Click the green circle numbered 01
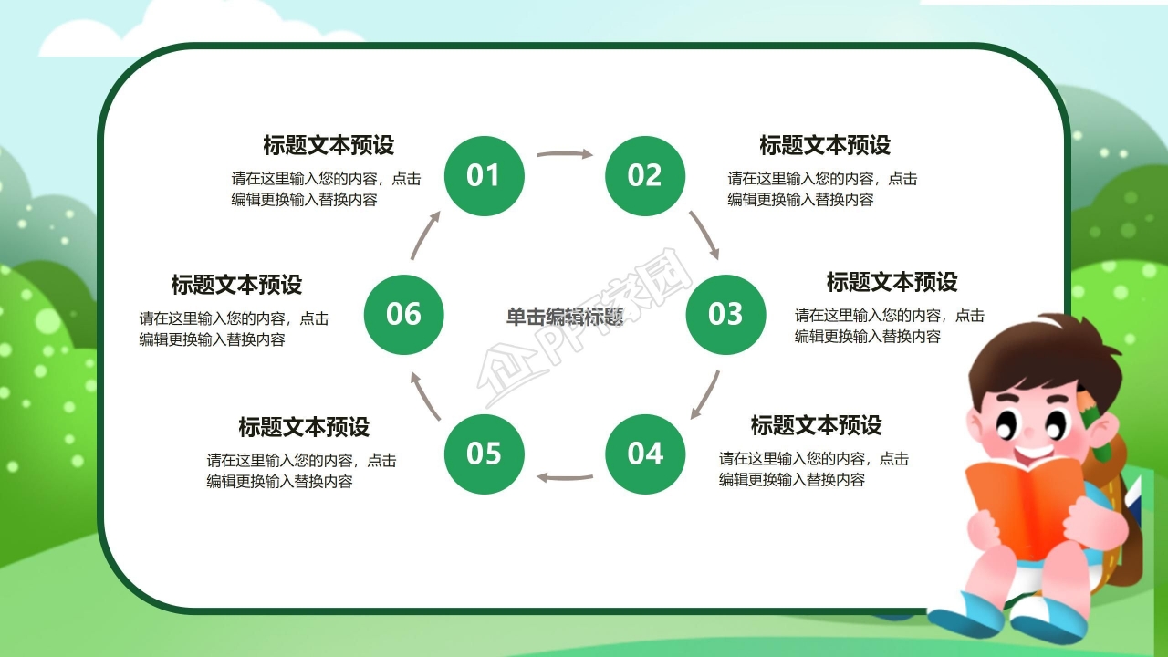484,176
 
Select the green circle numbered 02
644,176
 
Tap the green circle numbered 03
725,315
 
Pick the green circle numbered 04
644,454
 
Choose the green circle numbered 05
484,454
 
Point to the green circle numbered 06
403,315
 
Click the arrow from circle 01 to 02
564,154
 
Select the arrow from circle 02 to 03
704,235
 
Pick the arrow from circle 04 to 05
564,476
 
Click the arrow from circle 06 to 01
425,235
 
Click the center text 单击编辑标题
565,317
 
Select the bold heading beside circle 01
328,145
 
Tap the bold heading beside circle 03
892,282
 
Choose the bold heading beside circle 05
304,427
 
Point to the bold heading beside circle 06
236,285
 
